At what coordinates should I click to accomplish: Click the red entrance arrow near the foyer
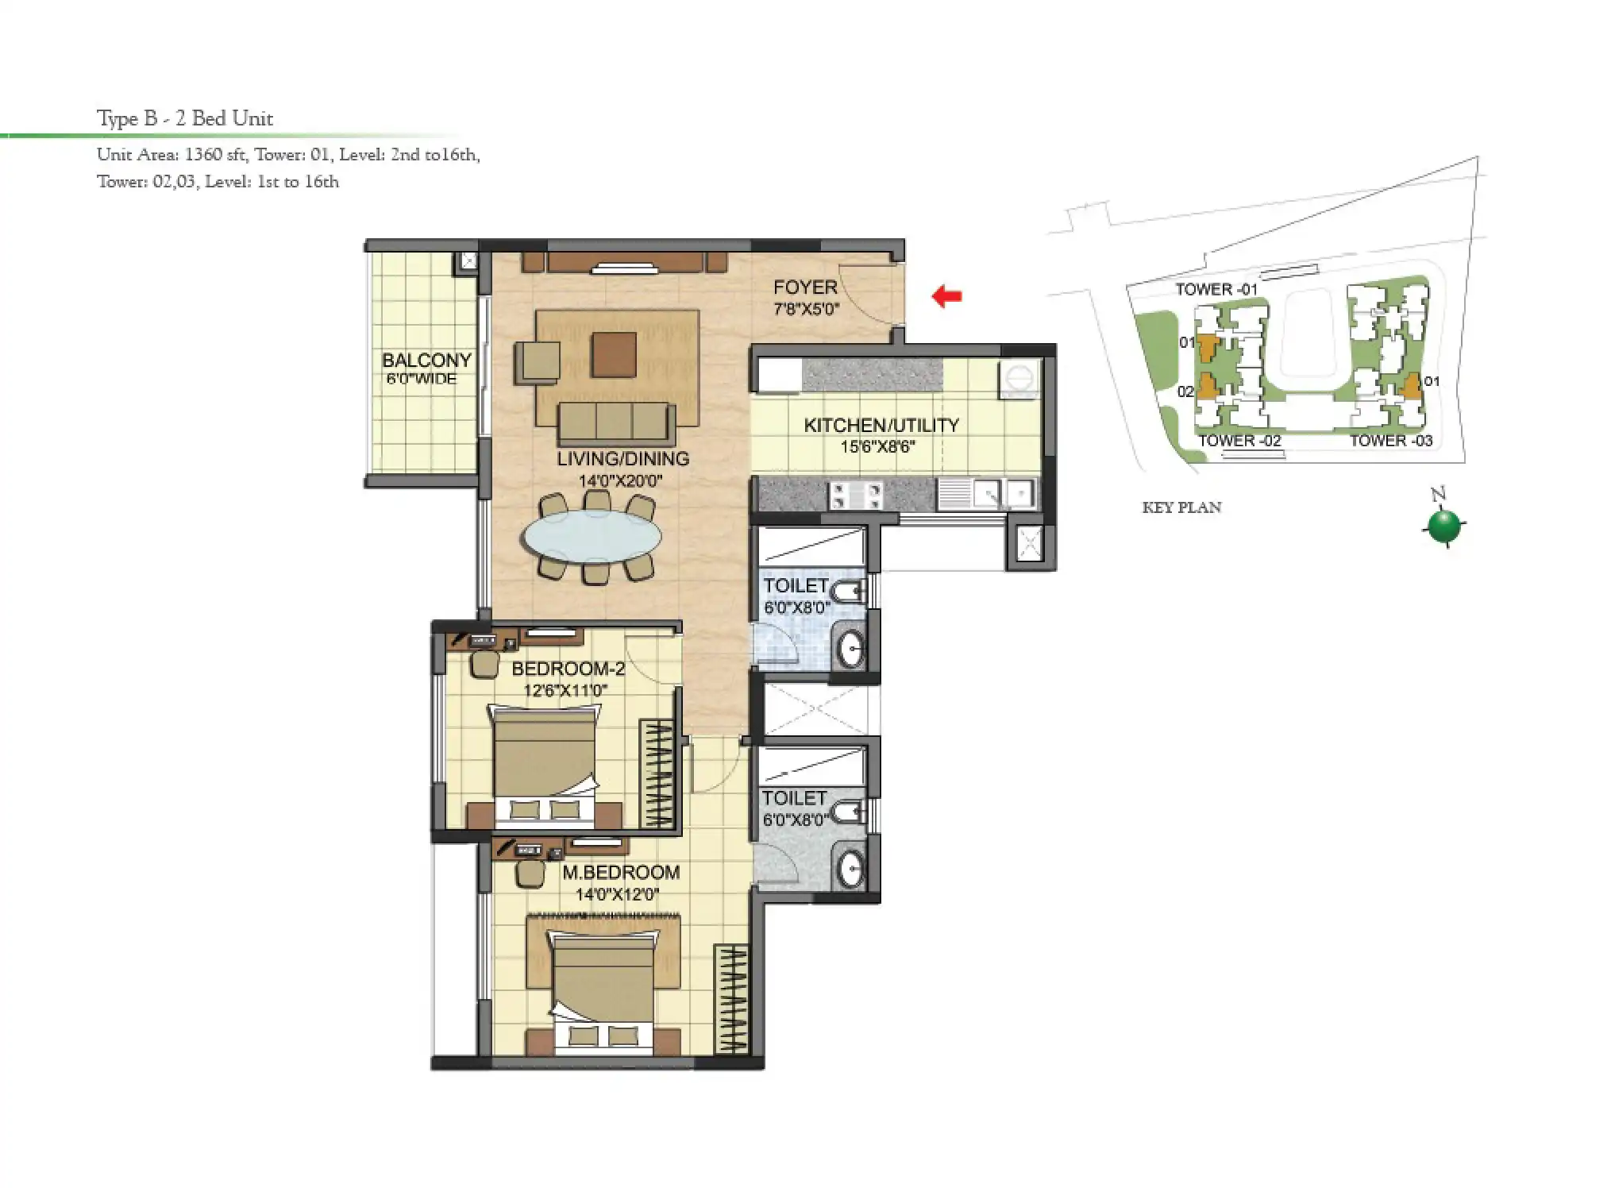coord(946,296)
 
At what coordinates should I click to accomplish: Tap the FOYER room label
coord(805,287)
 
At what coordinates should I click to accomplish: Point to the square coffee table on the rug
coord(613,354)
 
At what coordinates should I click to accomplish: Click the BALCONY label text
coord(426,361)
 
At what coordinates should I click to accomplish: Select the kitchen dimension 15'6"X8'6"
coord(877,447)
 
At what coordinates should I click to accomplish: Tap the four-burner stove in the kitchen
coord(855,496)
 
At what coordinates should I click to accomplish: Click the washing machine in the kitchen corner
coord(1019,376)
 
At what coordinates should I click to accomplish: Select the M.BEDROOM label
coord(621,872)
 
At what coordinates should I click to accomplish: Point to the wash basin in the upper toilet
coord(850,649)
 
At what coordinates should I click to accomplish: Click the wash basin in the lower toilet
coord(850,870)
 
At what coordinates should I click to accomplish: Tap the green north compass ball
coord(1443,526)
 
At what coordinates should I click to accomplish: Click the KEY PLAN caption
coord(1181,507)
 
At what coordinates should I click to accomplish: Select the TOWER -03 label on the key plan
coord(1391,441)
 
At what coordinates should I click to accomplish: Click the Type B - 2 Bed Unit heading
coord(185,118)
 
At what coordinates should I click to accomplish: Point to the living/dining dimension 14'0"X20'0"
coord(620,480)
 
